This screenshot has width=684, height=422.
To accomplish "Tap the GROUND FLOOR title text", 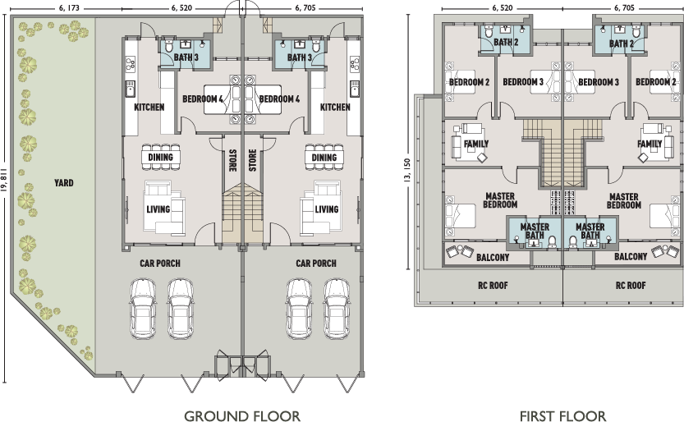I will pos(241,415).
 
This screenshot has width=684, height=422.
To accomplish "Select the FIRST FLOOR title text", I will pos(562,415).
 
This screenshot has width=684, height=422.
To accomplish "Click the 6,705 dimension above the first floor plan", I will pos(623,7).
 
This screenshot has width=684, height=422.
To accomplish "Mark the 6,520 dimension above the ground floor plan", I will pos(182,7).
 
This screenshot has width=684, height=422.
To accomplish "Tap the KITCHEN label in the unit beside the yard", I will pos(149,107).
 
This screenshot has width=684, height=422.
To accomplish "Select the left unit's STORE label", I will pos(232,158).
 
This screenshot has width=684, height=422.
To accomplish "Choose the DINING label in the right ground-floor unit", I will pos(324,158).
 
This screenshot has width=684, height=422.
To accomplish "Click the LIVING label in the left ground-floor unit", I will pos(158,209).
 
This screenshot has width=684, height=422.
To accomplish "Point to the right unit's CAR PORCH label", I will pos(315,264).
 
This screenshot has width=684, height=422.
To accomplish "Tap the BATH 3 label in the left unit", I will pos(185,57).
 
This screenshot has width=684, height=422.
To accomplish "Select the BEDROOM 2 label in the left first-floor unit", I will pos(469,82).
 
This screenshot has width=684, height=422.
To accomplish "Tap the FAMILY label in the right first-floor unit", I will pos(650,144).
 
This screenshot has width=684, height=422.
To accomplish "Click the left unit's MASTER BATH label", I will pos(535,231).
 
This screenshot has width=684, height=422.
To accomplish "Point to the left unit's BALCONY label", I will pos(493,257).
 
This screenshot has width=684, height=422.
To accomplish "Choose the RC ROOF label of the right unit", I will pos(630,287).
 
